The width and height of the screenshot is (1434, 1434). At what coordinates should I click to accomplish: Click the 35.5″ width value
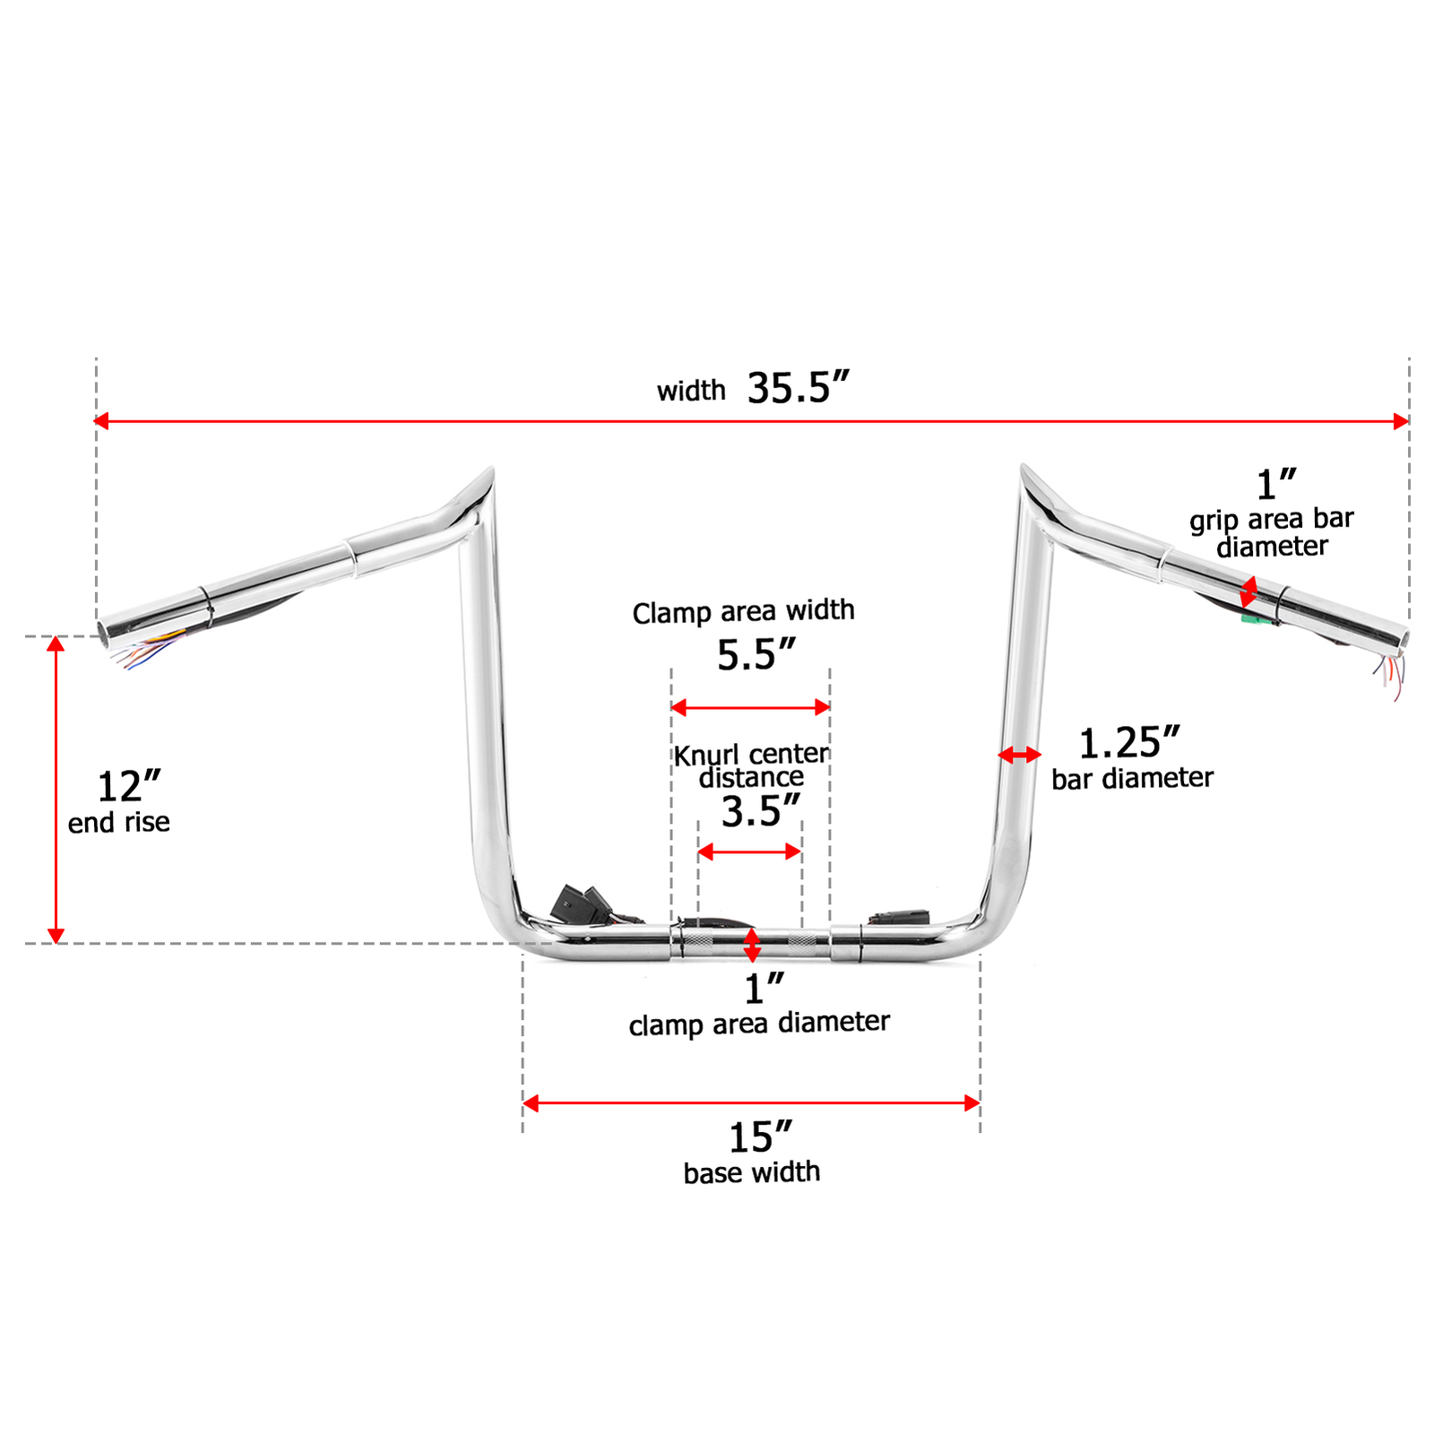(x=798, y=389)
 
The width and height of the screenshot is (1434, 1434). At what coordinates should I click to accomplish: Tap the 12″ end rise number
(x=128, y=787)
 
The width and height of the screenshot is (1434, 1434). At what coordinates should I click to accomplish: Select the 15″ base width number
(x=760, y=1138)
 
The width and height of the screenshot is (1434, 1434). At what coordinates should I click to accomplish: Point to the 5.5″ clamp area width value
(x=756, y=655)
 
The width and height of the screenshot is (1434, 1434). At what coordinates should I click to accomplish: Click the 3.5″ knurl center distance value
(x=760, y=812)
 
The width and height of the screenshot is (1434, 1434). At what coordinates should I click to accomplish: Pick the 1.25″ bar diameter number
(x=1128, y=743)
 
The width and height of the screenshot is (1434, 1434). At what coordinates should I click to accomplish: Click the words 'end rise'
(x=119, y=823)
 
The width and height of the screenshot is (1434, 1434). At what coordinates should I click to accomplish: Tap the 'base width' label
(x=751, y=1172)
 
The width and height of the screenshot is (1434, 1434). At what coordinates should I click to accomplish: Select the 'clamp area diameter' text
(x=759, y=1023)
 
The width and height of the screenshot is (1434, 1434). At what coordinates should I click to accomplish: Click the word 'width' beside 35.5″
(x=691, y=391)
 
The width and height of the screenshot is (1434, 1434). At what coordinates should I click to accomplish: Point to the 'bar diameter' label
(x=1132, y=778)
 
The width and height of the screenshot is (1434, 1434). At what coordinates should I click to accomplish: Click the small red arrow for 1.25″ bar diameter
(x=1020, y=756)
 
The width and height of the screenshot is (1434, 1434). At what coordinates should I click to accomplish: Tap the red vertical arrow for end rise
(x=56, y=789)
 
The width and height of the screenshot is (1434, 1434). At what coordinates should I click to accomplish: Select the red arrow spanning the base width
(x=751, y=1103)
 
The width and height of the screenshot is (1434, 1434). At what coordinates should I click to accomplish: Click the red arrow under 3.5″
(x=749, y=851)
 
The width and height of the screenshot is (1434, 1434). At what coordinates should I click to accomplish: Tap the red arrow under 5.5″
(x=750, y=708)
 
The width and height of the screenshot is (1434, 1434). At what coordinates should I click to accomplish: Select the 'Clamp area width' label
(x=743, y=611)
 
